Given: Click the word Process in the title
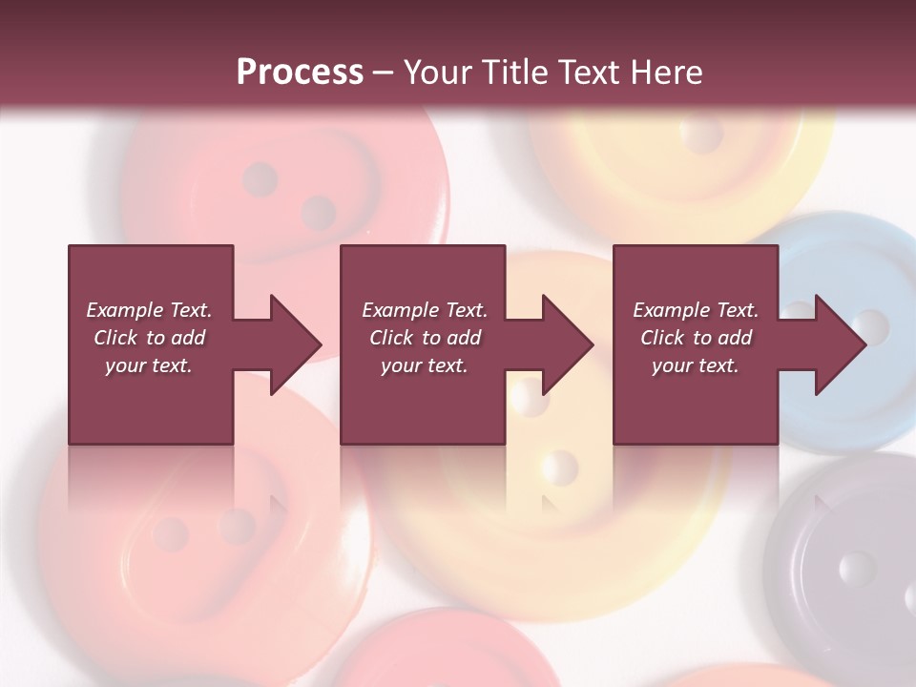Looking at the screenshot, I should click(x=300, y=73).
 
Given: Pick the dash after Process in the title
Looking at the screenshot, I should click(x=382, y=74).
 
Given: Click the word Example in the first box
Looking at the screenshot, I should click(x=124, y=310).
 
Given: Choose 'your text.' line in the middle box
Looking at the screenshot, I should click(x=424, y=365).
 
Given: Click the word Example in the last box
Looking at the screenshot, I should click(x=671, y=310).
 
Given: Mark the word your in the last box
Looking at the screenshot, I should click(x=672, y=365).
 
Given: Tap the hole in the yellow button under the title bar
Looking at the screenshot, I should click(x=703, y=136).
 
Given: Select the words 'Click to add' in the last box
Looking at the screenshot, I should click(x=696, y=338).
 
